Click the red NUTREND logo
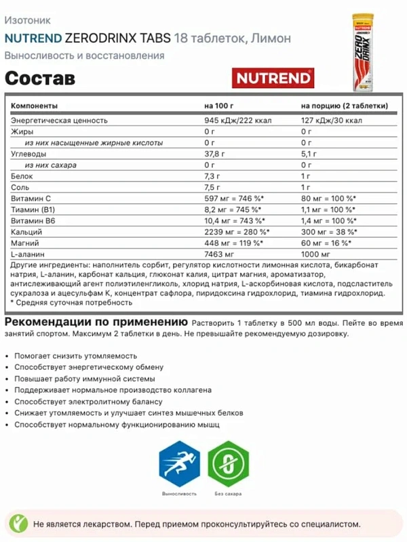(x=273, y=77)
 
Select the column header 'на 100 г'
(x=219, y=106)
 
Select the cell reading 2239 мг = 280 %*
(x=235, y=231)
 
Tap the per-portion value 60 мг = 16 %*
(x=327, y=242)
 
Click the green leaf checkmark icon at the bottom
(x=20, y=523)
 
